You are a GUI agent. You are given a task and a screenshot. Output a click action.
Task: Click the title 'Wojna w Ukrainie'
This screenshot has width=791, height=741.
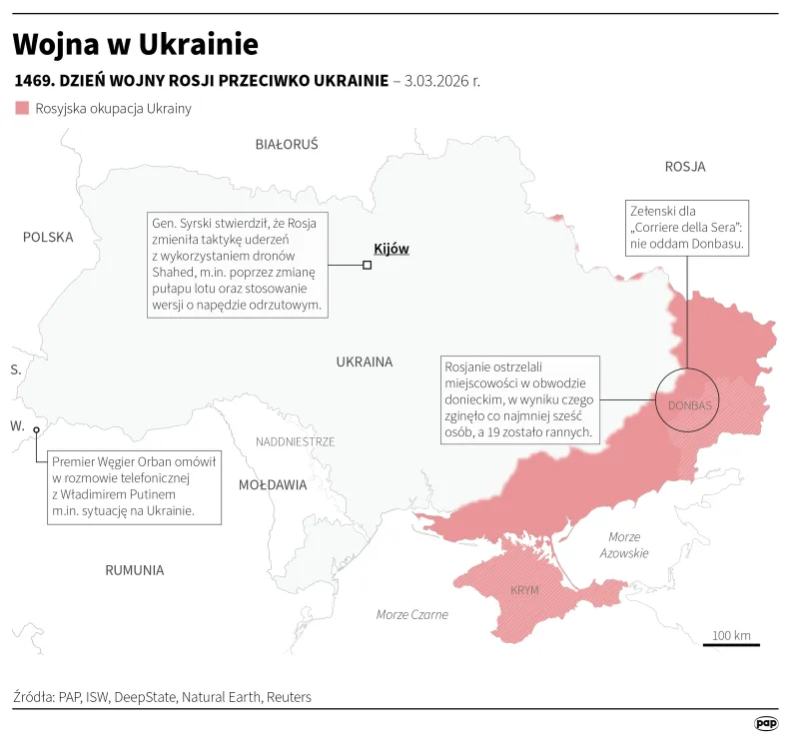[x=136, y=44]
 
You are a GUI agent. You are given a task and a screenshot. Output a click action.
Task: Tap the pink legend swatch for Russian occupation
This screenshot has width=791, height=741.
[x=22, y=108]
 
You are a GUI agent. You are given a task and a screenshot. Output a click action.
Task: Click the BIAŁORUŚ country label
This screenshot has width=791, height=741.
[x=287, y=145]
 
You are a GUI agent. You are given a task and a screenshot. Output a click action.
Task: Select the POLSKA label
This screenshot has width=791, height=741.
[x=49, y=238]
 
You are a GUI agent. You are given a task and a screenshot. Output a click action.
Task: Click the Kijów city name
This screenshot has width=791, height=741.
[x=391, y=249]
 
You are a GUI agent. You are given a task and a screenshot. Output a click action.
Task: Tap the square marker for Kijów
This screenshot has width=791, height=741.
[x=368, y=265]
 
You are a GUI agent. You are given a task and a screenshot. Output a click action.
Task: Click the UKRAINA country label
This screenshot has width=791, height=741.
[x=365, y=362]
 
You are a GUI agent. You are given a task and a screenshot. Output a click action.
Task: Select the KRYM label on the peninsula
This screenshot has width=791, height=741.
[x=524, y=590]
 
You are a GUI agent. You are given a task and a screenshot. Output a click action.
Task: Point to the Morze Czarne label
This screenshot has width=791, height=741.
[x=412, y=614]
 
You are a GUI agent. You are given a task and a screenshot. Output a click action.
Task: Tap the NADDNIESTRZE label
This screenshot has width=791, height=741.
[x=296, y=441]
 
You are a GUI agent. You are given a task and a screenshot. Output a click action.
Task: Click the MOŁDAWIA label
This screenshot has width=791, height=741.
[x=273, y=484]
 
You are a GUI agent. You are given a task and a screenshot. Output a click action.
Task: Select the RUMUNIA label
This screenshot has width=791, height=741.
[x=134, y=570]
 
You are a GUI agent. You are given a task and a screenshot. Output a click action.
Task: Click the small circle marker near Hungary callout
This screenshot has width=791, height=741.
[x=37, y=430]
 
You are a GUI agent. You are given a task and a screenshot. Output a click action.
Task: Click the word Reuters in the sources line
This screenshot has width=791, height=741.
[x=289, y=697]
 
